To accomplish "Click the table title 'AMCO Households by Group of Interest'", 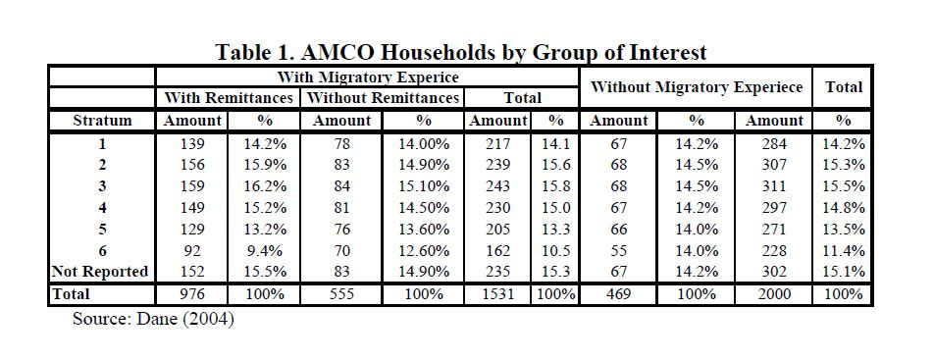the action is [x=503, y=52].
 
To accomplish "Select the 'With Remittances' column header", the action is [x=229, y=97].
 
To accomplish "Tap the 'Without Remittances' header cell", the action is [x=383, y=97].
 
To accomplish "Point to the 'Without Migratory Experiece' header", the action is [x=697, y=87].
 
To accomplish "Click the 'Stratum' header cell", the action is [x=102, y=121].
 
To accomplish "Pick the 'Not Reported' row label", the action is [x=100, y=272].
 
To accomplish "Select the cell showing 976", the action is [x=192, y=294].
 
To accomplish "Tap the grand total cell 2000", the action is [x=774, y=294].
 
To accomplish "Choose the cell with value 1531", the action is [x=498, y=294].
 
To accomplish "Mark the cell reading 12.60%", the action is [x=424, y=251].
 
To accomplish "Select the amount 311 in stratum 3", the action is [x=774, y=186].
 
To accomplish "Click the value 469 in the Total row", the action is [x=618, y=294].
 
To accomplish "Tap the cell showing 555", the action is [x=341, y=294].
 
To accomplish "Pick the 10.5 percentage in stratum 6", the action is [x=555, y=251].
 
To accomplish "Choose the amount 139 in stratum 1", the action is [x=192, y=143].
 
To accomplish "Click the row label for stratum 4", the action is [x=102, y=207].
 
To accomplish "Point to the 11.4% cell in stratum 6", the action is [x=843, y=251].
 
